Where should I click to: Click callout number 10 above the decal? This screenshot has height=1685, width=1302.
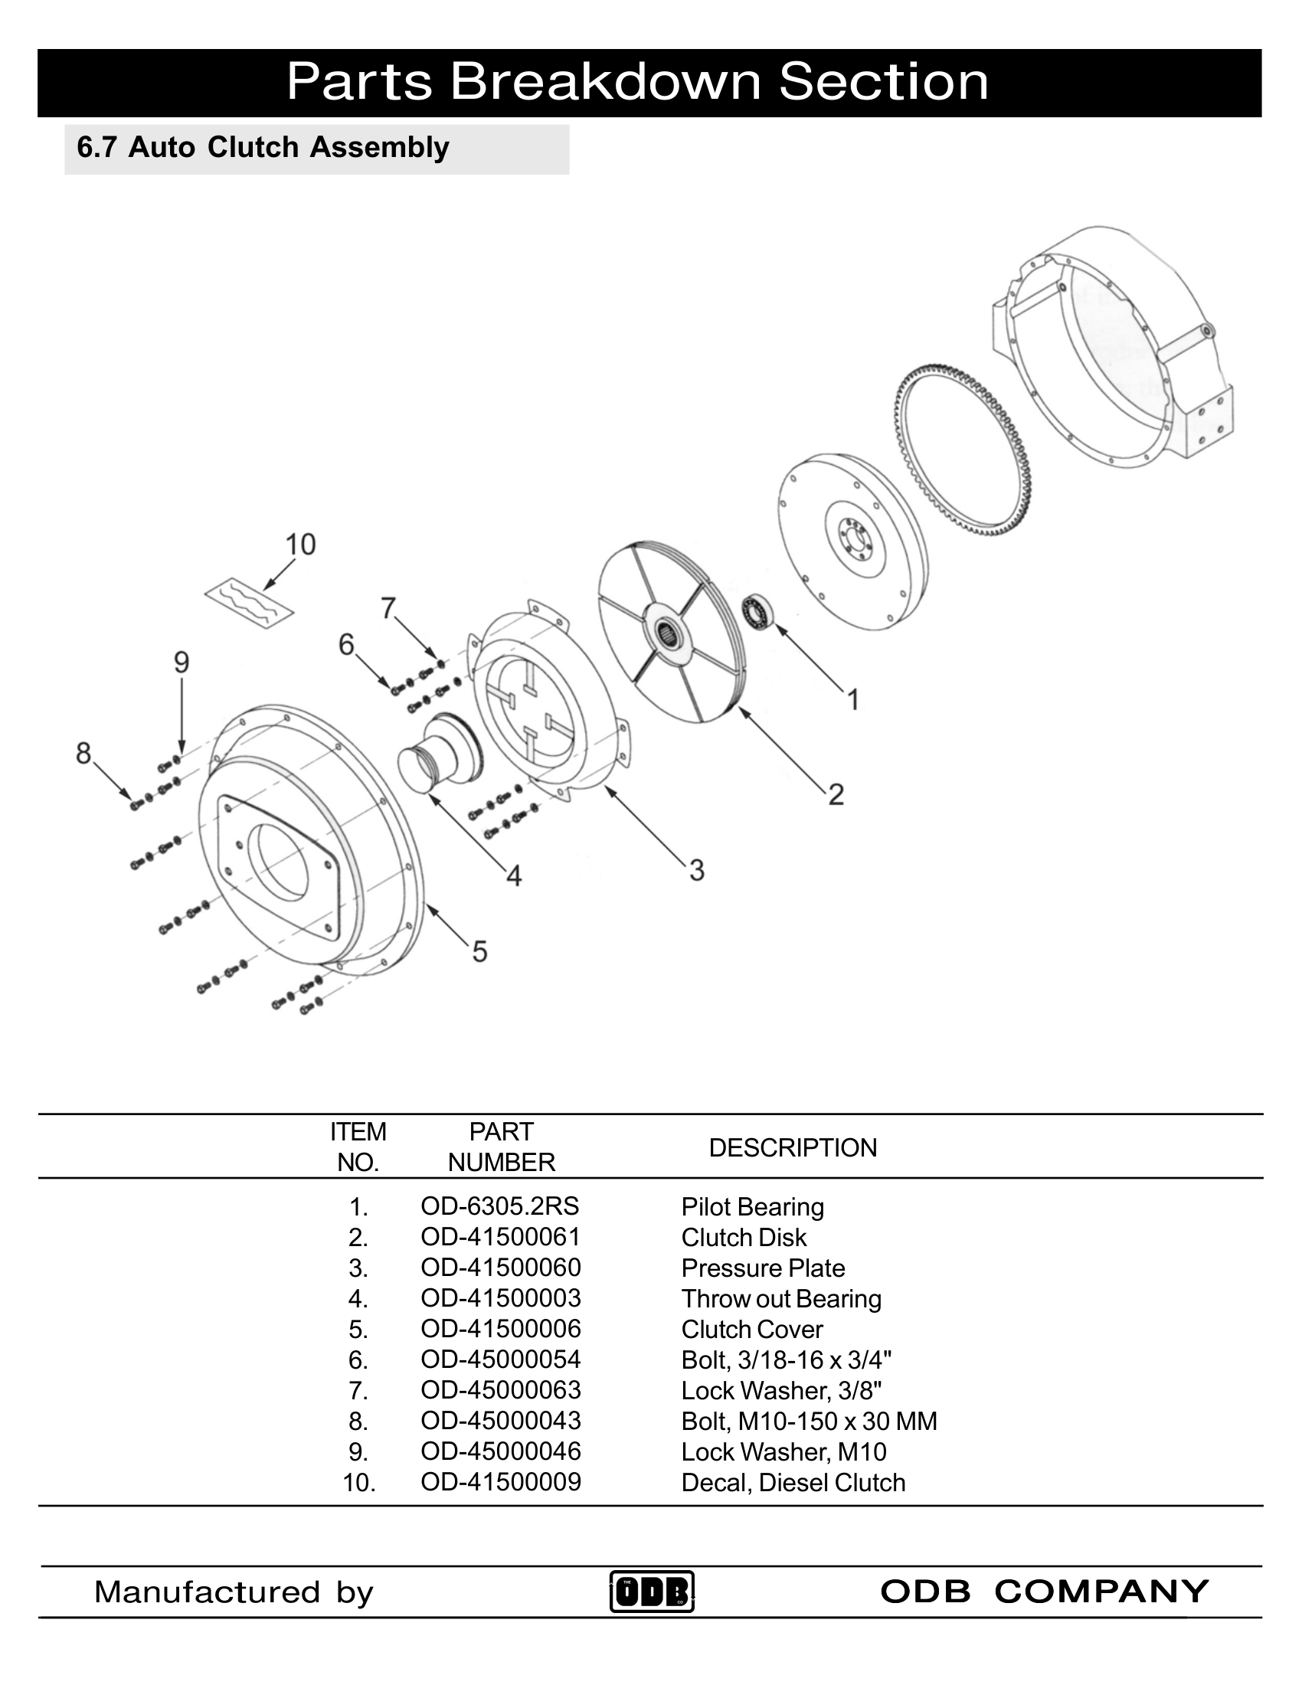[x=301, y=545]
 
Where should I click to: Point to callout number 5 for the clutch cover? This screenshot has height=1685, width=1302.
[x=479, y=951]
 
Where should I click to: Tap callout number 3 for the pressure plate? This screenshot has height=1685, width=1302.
[x=696, y=870]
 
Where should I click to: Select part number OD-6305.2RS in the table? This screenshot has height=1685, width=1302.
[x=500, y=1206]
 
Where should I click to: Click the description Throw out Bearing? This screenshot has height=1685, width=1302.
[x=780, y=1298]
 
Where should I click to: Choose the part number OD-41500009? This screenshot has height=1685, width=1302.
[x=501, y=1482]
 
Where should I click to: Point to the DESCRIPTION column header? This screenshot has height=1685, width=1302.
[x=792, y=1147]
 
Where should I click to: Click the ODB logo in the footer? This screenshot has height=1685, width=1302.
[x=652, y=1591]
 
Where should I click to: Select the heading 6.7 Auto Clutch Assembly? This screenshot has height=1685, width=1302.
[x=263, y=147]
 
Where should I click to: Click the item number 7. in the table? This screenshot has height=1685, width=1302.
[x=358, y=1390]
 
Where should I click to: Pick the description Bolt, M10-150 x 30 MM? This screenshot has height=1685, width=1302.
[x=808, y=1421]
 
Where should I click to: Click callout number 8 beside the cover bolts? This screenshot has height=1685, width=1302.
[x=83, y=752]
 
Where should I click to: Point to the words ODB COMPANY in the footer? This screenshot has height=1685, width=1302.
[x=1045, y=1591]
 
